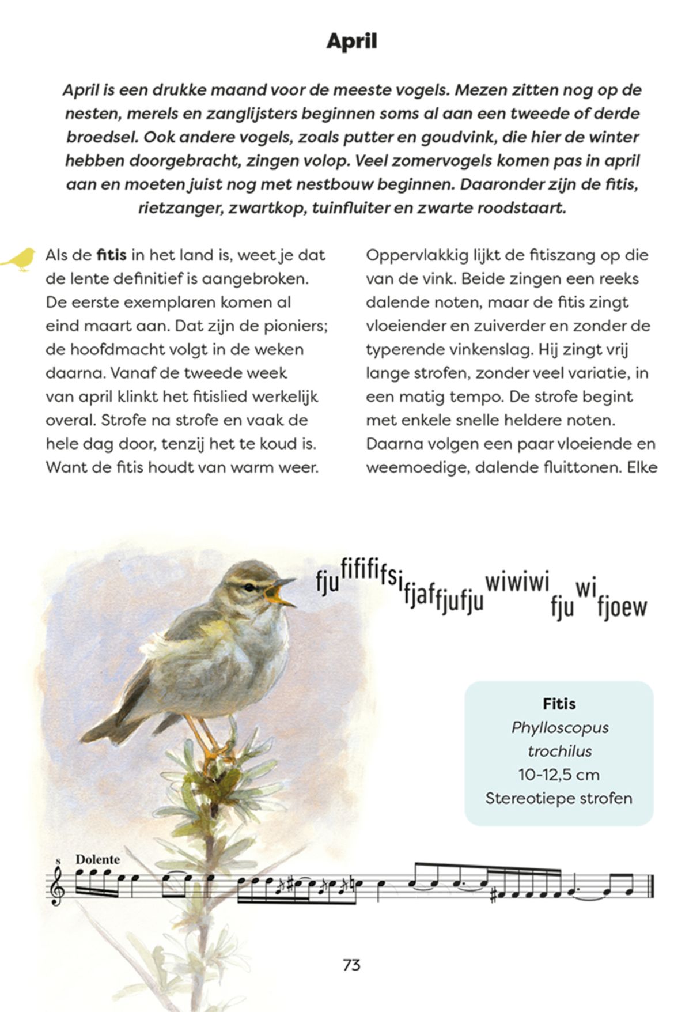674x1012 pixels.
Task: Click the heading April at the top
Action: pyautogui.click(x=351, y=41)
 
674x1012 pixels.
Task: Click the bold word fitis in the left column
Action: pyautogui.click(x=111, y=255)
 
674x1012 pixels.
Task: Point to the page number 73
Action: pyautogui.click(x=351, y=965)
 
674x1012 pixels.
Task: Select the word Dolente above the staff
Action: pyautogui.click(x=98, y=859)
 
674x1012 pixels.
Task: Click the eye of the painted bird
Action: pyautogui.click(x=249, y=587)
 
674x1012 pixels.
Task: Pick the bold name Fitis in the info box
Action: pyautogui.click(x=559, y=704)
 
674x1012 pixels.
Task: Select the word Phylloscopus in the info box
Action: pyautogui.click(x=559, y=727)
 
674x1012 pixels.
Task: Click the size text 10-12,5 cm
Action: pyautogui.click(x=559, y=775)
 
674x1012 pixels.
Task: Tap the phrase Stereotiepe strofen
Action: pyautogui.click(x=559, y=798)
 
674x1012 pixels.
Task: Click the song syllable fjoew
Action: pyautogui.click(x=622, y=607)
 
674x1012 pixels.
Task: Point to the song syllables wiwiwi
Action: pyautogui.click(x=517, y=582)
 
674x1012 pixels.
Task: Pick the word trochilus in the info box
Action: pyautogui.click(x=559, y=751)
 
